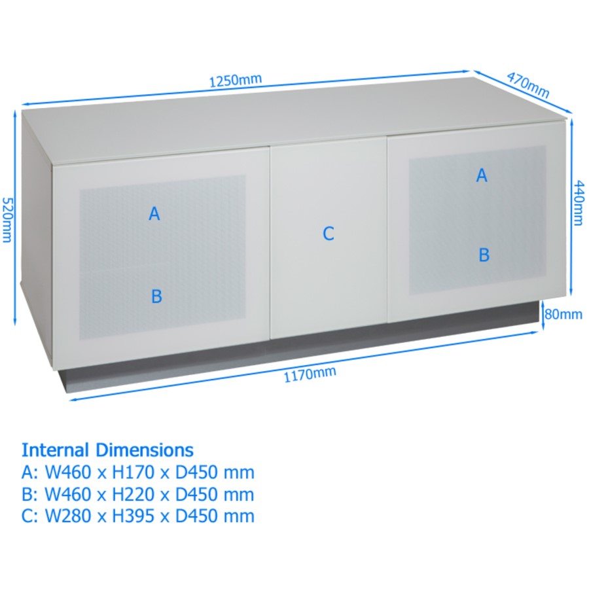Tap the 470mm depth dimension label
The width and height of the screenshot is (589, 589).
coord(528,83)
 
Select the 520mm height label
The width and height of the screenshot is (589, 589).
coord(7,219)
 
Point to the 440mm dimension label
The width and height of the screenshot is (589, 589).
coord(579,202)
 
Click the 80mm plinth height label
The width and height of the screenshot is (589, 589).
coord(563,315)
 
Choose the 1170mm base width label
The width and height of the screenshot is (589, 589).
coord(310,374)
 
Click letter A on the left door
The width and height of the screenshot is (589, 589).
coord(154,214)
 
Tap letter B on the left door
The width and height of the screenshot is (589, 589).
coord(156,296)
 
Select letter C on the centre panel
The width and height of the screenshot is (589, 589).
coord(329,234)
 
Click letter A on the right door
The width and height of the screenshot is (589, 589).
coord(482,175)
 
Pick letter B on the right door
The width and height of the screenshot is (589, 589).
coord(484,255)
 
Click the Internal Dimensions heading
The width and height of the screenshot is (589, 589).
coord(107,450)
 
